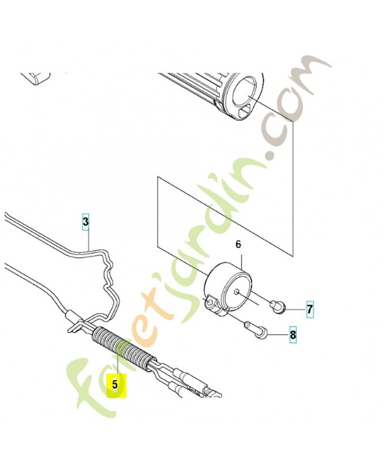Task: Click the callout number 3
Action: [86, 222]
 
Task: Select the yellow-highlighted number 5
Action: [115, 384]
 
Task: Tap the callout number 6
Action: [238, 244]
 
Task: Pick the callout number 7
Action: [310, 309]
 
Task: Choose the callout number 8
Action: [293, 334]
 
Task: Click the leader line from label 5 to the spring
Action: [119, 360]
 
